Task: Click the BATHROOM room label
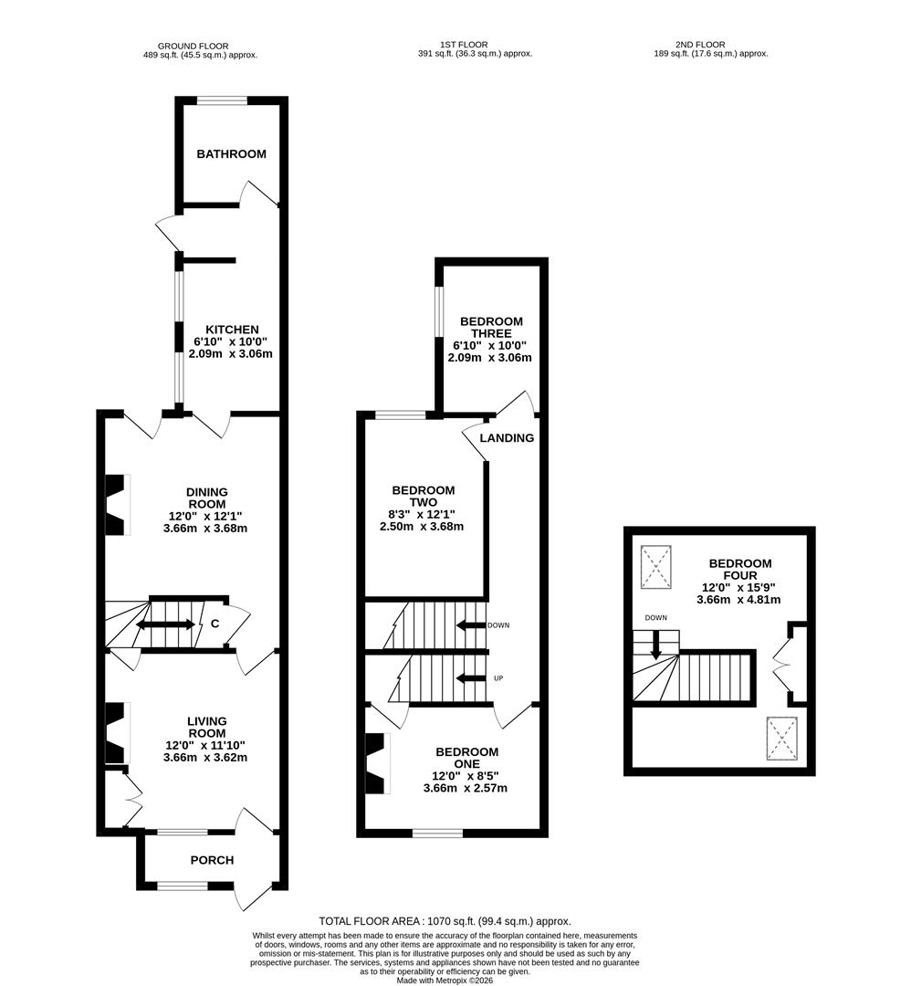coord(232,153)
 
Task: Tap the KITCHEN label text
coord(232,329)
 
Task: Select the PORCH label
coord(212,860)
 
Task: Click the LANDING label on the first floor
coord(507,438)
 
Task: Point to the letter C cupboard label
coord(215,624)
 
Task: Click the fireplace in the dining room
coord(116,506)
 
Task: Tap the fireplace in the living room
coord(116,733)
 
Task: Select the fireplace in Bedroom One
coord(376,764)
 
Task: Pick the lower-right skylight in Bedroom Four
coord(782,737)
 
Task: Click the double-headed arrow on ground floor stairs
coord(165,624)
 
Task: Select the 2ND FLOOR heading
coord(702,44)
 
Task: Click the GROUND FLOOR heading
coord(193,46)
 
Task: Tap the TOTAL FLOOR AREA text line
coord(445,921)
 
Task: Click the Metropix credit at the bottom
coord(445,981)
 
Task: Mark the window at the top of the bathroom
coord(222,100)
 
